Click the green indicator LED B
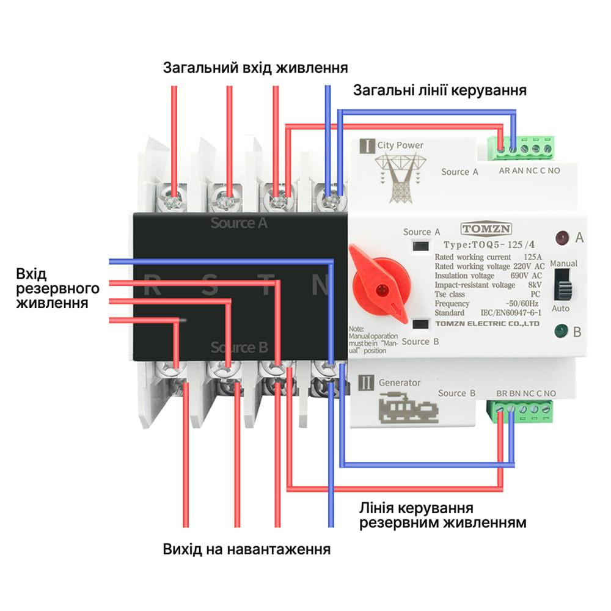click(x=560, y=332)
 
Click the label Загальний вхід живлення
click(x=255, y=67)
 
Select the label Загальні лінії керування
click(x=440, y=91)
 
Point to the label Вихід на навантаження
click(x=247, y=549)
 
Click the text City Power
click(x=400, y=145)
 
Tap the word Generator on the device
click(x=400, y=382)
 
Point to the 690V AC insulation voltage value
click(x=528, y=276)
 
